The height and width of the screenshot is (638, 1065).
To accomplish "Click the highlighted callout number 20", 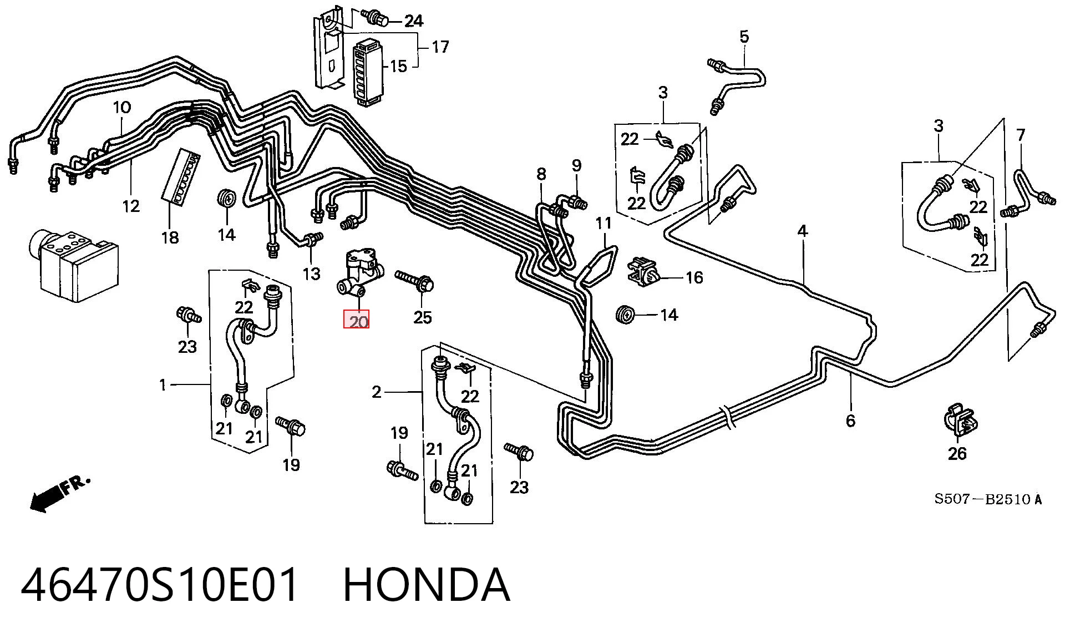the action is pos(356,321).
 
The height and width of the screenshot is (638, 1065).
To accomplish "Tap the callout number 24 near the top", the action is pos(413,21).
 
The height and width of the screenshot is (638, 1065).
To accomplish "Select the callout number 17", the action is pos(440,47).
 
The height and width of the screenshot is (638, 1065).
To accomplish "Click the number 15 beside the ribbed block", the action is pos(398,67).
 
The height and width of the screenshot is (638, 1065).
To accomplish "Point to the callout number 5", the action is pos(744,37).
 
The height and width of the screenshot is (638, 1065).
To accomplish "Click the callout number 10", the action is pos(122,107).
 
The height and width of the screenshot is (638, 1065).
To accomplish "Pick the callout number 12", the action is pos(131,206).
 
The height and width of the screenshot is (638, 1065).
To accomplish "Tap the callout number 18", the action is pos(170,237).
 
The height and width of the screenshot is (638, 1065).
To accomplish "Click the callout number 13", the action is pos(311,274).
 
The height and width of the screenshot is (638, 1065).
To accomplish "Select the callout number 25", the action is pos(422,317).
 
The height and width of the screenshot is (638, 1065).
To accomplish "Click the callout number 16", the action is pos(694,277).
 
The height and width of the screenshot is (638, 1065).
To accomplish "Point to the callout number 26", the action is pos(957,454).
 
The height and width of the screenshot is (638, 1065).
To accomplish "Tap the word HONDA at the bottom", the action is pos(427,585).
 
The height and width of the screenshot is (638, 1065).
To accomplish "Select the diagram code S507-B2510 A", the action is pos(988,499).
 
